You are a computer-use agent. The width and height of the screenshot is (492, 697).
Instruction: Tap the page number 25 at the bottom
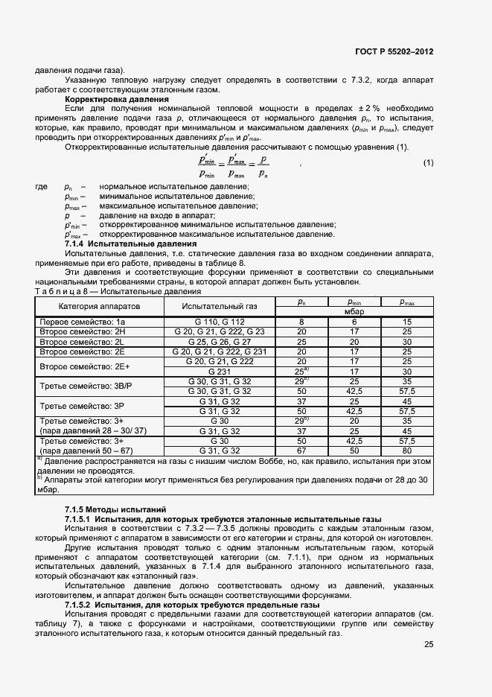(x=429, y=645)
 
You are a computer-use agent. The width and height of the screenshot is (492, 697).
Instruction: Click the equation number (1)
(x=428, y=163)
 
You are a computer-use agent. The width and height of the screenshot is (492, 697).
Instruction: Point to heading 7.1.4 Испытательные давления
(x=130, y=244)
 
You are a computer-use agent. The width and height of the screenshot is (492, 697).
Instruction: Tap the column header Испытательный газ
(x=220, y=306)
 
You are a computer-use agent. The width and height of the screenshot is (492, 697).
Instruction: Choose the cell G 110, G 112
(x=220, y=322)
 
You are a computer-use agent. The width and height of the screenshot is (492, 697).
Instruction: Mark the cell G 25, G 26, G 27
(x=220, y=341)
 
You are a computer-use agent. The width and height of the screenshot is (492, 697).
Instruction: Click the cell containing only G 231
(x=220, y=371)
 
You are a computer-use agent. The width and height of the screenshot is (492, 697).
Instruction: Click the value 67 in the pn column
(x=302, y=451)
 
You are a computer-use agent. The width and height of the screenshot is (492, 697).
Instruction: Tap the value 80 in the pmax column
(x=407, y=451)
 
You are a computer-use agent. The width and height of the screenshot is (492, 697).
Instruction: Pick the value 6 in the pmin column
(x=354, y=322)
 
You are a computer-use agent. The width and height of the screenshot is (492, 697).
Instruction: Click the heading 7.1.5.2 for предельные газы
(x=192, y=605)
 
